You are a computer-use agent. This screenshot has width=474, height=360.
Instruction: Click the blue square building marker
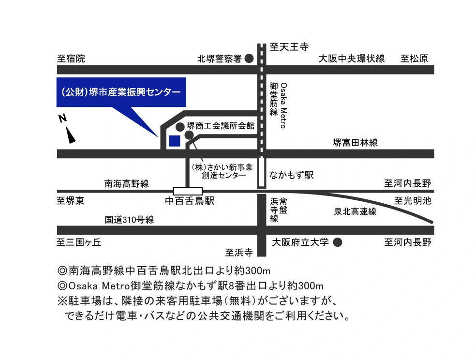pos(175,141)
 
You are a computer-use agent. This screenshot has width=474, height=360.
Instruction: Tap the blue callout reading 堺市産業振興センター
pos(121,92)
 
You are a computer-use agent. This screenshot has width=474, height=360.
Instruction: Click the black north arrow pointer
pos(71,135)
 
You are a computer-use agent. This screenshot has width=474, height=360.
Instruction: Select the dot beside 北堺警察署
pos(249,59)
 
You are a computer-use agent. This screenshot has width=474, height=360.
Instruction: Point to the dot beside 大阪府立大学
pos(338,242)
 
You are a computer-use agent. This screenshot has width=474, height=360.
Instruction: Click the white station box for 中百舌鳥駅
pos(188,191)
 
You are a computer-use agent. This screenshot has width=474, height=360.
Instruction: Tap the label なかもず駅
pos(291,175)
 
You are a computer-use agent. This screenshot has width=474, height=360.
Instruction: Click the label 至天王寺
pos(289,47)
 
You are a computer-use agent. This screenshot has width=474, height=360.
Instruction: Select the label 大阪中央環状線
pos(352,59)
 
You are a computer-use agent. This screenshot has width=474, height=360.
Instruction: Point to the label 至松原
pos(415,59)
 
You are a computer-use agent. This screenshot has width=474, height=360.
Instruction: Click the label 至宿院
pos(71,59)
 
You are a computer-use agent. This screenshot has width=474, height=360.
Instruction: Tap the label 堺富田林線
pos(355,142)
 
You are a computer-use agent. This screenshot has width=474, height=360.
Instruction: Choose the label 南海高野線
pos(127,184)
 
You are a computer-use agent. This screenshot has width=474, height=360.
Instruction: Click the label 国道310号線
pos(130,220)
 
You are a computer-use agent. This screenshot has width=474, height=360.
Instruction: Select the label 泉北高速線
pos(355,211)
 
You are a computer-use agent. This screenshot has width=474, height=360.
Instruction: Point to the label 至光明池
pos(413,201)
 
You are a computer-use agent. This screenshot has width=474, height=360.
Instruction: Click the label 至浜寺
pos(239,252)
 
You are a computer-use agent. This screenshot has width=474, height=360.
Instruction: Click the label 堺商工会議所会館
pos(221,125)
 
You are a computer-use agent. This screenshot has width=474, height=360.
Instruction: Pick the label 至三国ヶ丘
pos(79,242)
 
